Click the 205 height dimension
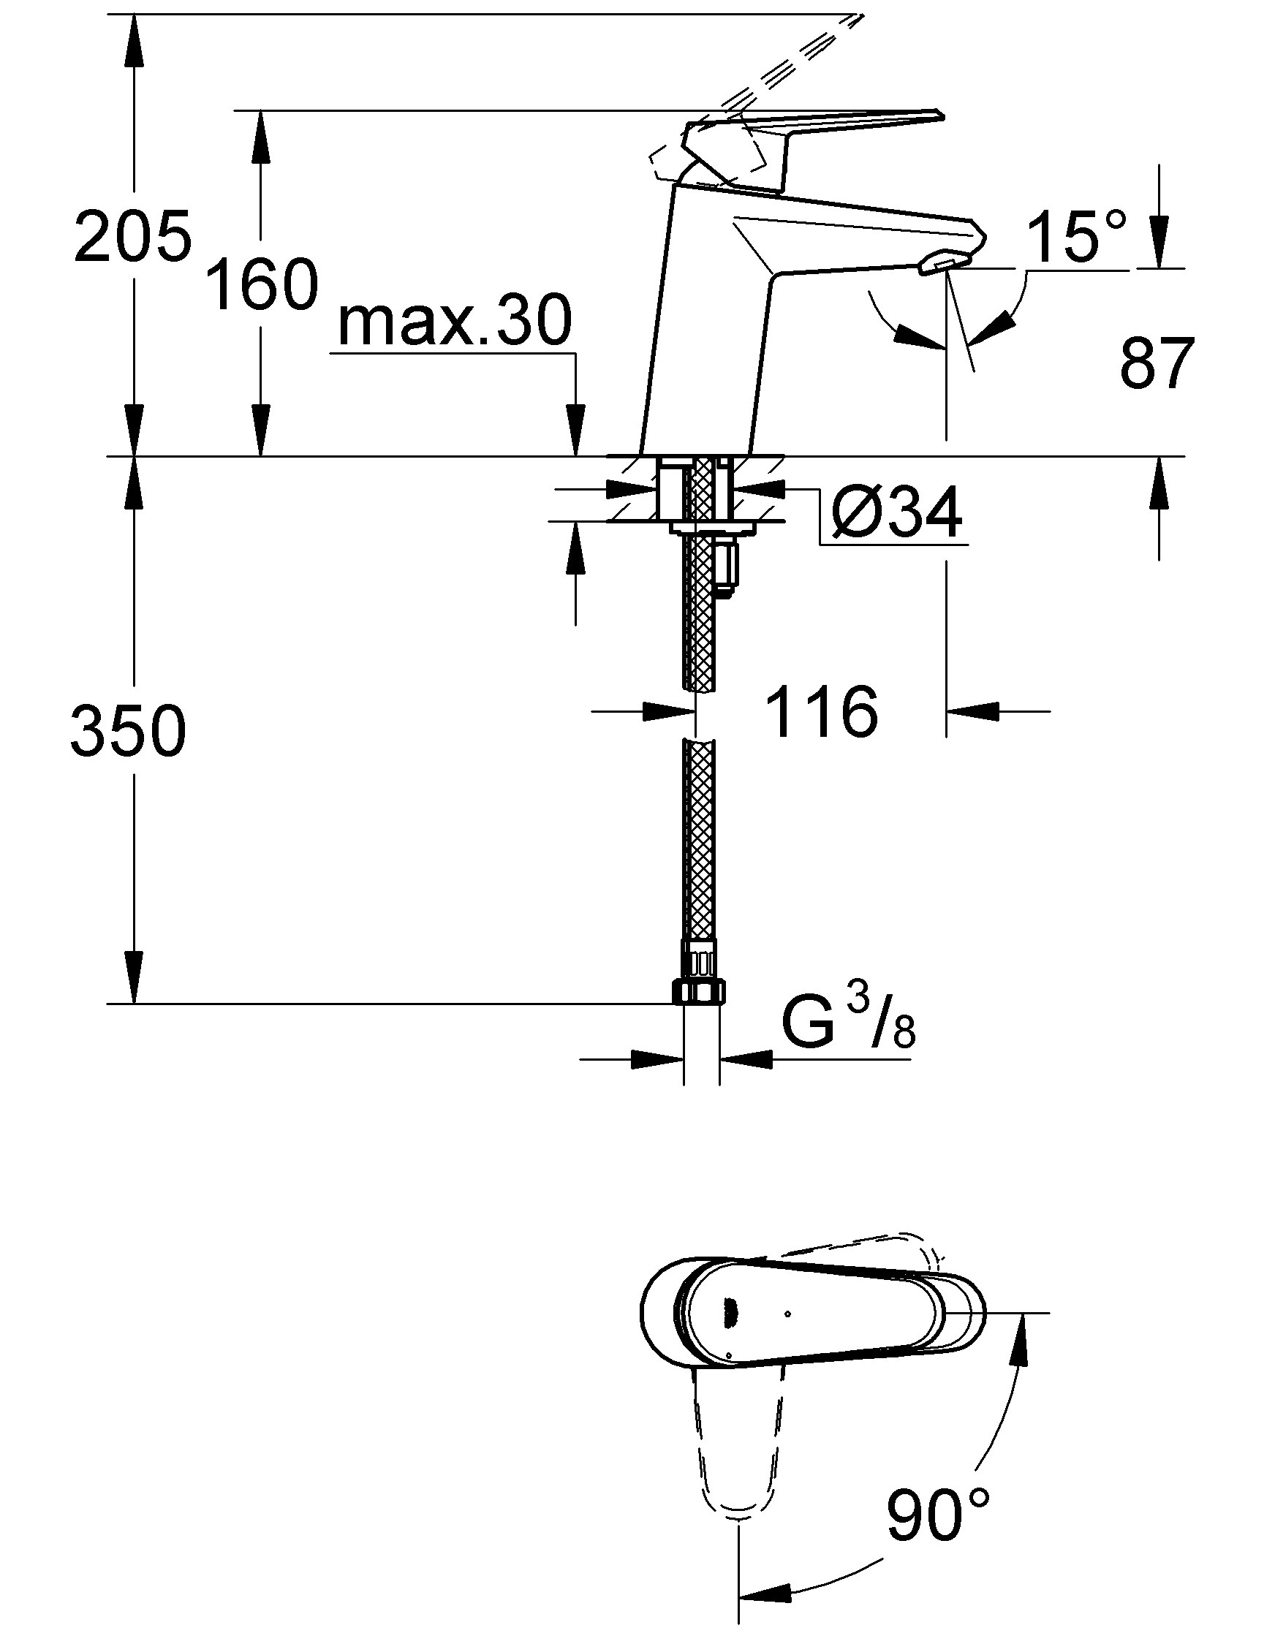pyautogui.click(x=133, y=235)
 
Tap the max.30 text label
pyautogui.click(x=455, y=322)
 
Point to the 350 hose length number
pyautogui.click(x=128, y=730)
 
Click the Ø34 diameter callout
pyautogui.click(x=896, y=512)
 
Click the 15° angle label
pyautogui.click(x=1078, y=237)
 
